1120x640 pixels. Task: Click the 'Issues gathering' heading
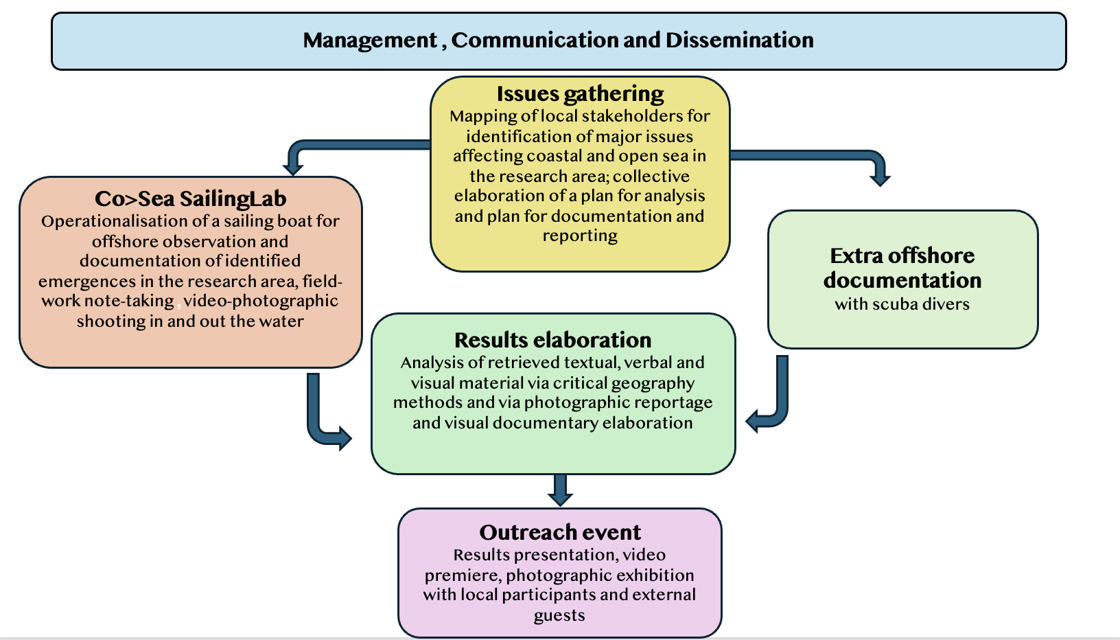pyautogui.click(x=580, y=93)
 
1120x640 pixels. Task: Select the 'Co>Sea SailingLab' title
pyautogui.click(x=190, y=198)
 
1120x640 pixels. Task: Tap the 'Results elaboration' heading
pyautogui.click(x=552, y=340)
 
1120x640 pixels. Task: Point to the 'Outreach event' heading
pyautogui.click(x=560, y=532)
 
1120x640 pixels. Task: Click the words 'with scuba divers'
pyautogui.click(x=902, y=304)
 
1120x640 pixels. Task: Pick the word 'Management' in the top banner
pyautogui.click(x=369, y=40)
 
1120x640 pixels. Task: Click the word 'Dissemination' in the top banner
pyautogui.click(x=739, y=40)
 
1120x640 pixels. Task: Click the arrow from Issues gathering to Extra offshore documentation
pyautogui.click(x=824, y=156)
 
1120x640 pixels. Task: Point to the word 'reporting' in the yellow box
pyautogui.click(x=580, y=236)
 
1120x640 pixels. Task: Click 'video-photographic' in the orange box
pyautogui.click(x=261, y=301)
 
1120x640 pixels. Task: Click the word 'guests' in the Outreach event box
pyautogui.click(x=559, y=615)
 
